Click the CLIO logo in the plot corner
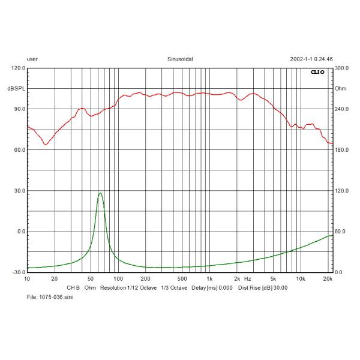(x=317, y=72)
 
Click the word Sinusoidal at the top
(x=180, y=60)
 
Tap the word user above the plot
(x=32, y=60)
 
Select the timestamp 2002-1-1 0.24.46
(x=311, y=60)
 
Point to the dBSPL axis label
(x=16, y=89)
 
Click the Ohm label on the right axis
(x=340, y=89)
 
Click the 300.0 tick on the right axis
(x=341, y=68)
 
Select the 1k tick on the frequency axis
(x=209, y=279)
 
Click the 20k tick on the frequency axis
(x=328, y=279)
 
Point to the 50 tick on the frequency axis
(x=91, y=279)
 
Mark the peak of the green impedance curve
(x=100, y=193)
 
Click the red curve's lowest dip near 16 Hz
(x=46, y=145)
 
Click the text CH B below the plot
(x=73, y=287)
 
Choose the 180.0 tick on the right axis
(x=341, y=150)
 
